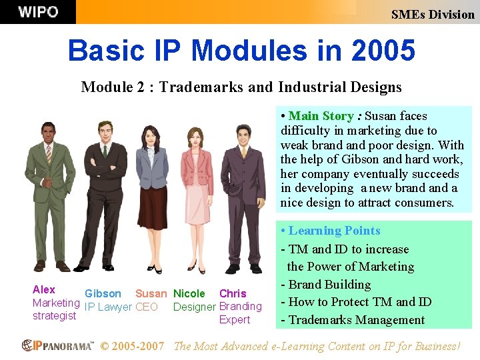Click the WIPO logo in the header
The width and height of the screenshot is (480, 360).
(x=38, y=12)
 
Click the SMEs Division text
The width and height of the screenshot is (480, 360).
(x=433, y=14)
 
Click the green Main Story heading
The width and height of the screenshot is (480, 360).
(x=321, y=116)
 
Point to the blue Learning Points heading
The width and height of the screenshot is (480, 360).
(x=334, y=231)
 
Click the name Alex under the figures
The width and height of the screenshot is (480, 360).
(x=44, y=289)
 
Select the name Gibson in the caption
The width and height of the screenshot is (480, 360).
(x=103, y=293)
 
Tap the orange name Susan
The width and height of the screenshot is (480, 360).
(x=151, y=293)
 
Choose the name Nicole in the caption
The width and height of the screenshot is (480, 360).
(x=189, y=293)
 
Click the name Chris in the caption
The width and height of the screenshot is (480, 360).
(x=233, y=293)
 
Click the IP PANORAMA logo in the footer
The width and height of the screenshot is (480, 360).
(x=58, y=345)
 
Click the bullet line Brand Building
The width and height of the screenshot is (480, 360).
(x=329, y=285)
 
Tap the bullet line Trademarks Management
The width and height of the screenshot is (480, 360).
(x=356, y=320)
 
